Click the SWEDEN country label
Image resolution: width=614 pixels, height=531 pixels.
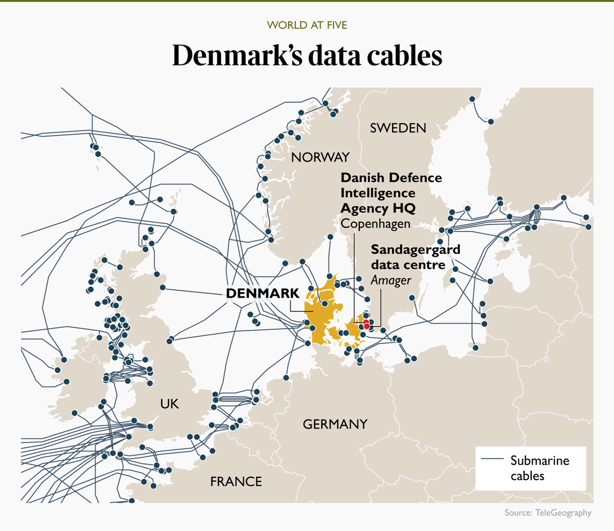398,128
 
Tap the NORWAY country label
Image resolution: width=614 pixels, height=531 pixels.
320,157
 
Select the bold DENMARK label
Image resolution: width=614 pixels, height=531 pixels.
262,293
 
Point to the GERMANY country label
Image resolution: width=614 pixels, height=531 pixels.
335,424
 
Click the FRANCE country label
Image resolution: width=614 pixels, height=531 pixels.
236,481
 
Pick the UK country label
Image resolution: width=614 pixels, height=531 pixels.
169,404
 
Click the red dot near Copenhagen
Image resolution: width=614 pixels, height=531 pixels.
366,325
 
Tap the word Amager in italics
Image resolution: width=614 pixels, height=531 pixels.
391,281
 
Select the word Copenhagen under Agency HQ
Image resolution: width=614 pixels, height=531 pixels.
376,224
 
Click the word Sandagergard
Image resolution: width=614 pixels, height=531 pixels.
415,249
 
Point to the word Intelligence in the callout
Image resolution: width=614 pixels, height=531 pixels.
378,193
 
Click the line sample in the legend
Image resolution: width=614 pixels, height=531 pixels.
492,459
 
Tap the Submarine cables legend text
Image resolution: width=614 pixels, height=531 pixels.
539,468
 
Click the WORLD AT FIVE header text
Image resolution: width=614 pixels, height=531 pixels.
307,25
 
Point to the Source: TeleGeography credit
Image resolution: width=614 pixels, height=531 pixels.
547,513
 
